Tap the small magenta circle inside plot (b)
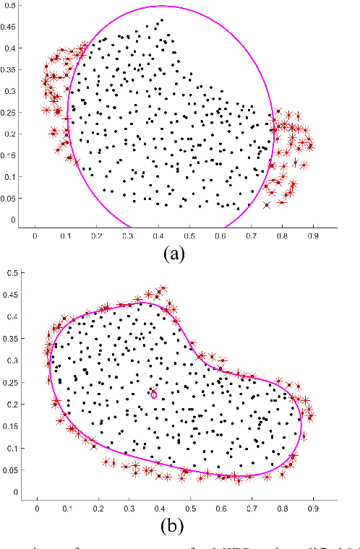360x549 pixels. point(153,394)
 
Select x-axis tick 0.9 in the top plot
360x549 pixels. point(312,235)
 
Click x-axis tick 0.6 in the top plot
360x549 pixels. point(219,235)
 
